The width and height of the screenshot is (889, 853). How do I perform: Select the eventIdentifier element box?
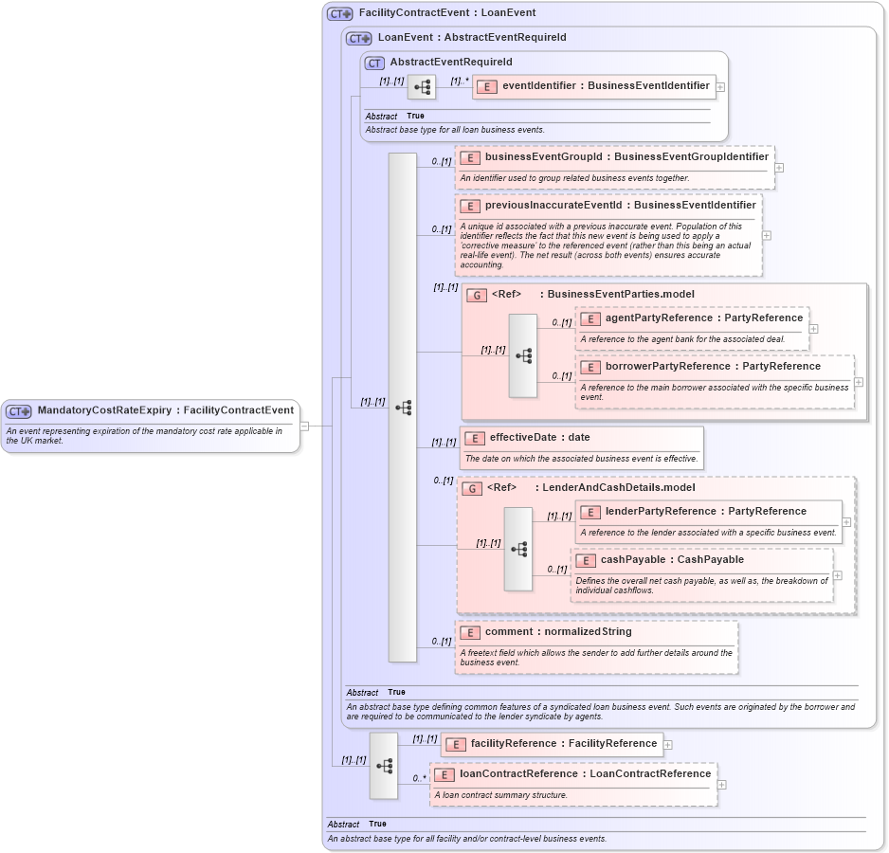(x=606, y=86)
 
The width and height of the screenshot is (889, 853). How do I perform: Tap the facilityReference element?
(x=563, y=744)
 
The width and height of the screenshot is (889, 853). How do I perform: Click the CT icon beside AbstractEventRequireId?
(x=374, y=63)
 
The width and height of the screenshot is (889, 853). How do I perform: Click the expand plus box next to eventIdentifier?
(x=721, y=86)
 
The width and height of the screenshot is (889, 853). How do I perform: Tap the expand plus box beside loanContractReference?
(x=722, y=784)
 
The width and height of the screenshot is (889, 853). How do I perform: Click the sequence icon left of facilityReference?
(x=384, y=766)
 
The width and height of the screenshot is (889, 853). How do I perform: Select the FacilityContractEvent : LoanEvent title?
(x=447, y=13)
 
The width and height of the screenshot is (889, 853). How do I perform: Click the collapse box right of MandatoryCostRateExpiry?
(x=304, y=426)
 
